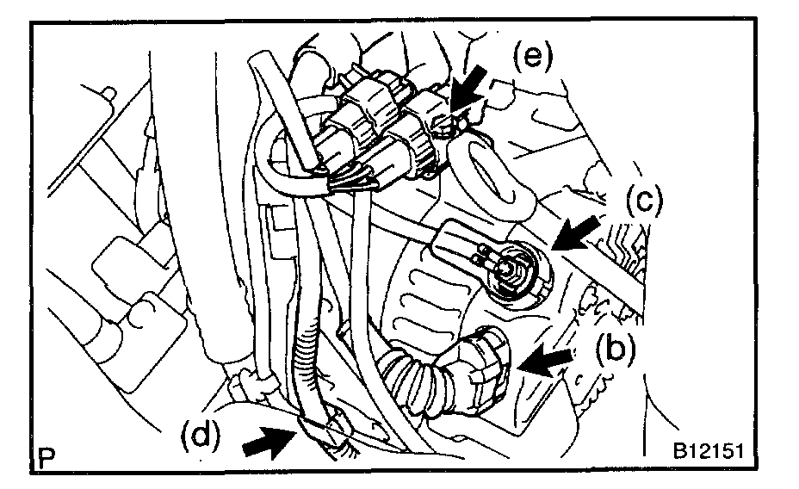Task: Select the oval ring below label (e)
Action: (487, 176)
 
